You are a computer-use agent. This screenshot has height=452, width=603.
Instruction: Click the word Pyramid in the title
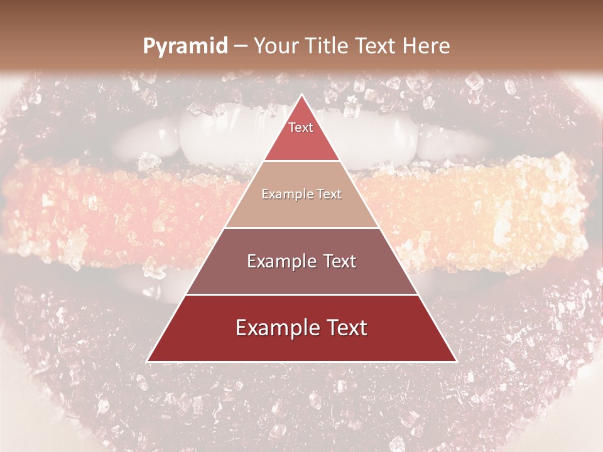tap(185, 46)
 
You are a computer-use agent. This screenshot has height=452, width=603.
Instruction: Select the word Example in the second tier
tap(285, 195)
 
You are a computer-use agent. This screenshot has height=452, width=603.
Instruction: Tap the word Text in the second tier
tap(328, 195)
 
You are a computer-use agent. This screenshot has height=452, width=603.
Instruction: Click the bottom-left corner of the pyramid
tap(148, 361)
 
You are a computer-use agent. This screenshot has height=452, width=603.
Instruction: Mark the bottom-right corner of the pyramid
tap(456, 361)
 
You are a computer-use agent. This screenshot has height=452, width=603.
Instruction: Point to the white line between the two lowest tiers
tap(301, 294)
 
